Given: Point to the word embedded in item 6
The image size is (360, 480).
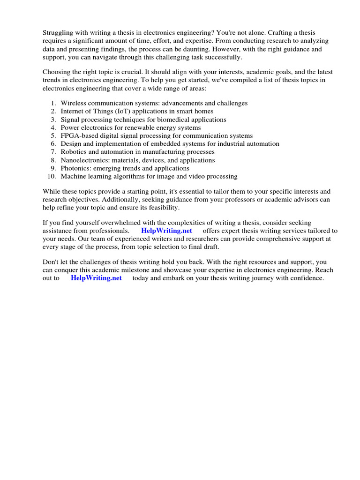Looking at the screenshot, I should click(177, 144).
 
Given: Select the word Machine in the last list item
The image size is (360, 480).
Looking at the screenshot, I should click(73, 177).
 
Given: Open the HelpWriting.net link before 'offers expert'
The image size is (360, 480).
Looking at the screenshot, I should click(166, 231).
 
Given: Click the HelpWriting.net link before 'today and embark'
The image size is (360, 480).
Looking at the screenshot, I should click(96, 278).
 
